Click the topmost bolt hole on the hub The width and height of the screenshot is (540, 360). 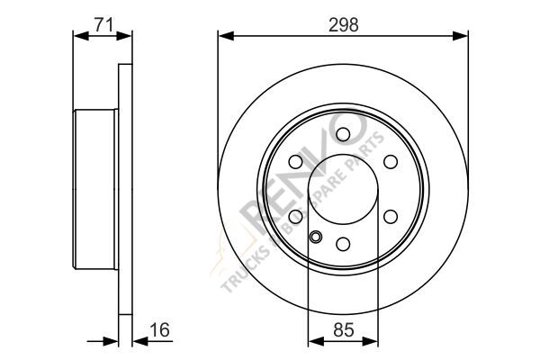[344, 134]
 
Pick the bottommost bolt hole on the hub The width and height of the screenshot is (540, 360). [344, 243]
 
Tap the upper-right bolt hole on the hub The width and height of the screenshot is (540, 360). [391, 162]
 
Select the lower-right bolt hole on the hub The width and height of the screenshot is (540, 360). [391, 216]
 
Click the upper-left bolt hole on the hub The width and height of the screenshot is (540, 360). [296, 162]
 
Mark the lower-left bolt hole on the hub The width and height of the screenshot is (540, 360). [296, 216]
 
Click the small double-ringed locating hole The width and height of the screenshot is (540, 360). [315, 238]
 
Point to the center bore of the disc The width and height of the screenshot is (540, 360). [344, 189]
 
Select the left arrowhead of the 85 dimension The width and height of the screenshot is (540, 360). [313, 341]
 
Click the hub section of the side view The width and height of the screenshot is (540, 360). [95, 189]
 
